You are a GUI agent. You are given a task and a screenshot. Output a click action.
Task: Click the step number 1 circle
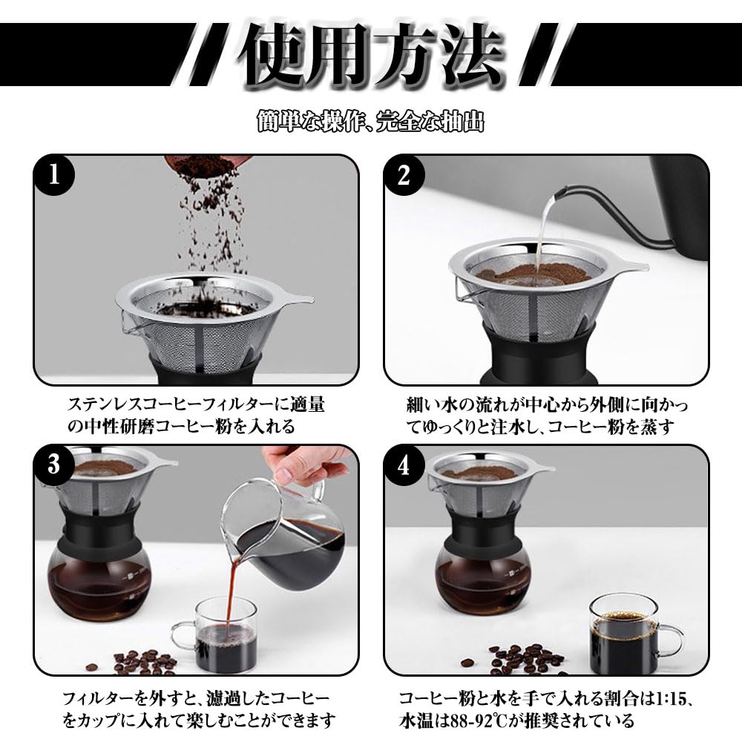click(x=54, y=174)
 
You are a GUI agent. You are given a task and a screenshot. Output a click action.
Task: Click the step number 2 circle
click(x=404, y=174)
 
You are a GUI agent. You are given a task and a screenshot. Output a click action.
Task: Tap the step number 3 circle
click(x=54, y=464)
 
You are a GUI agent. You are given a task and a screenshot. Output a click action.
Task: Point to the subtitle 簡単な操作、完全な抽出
click(x=371, y=121)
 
